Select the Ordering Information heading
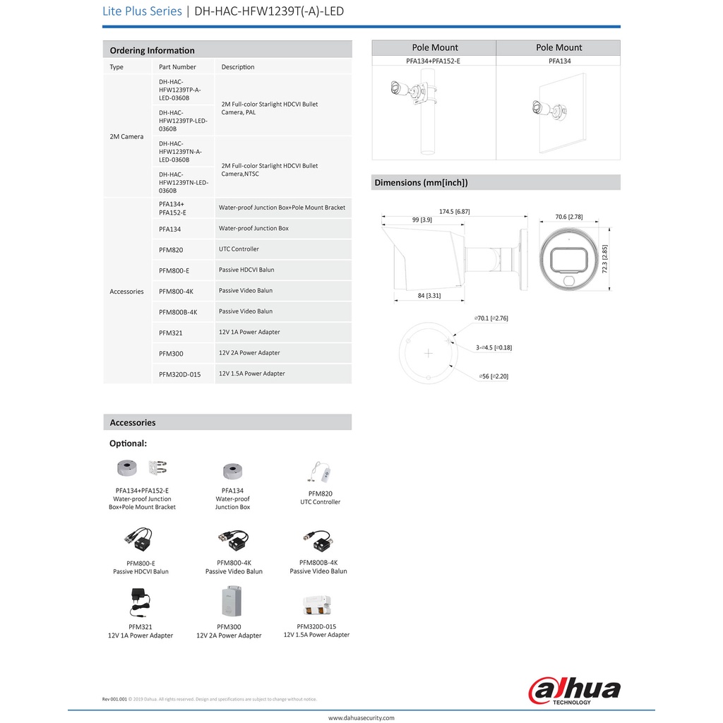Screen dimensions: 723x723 [153, 50]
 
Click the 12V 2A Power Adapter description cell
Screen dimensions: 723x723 [249, 352]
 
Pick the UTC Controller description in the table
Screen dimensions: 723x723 [239, 249]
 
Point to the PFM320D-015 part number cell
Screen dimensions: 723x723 [181, 374]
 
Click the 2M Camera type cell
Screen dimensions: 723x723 [126, 136]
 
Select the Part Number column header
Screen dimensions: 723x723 [177, 67]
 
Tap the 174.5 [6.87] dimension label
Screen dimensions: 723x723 [454, 211]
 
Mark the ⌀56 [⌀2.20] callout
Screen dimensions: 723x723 [493, 376]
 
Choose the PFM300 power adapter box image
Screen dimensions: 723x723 [228, 602]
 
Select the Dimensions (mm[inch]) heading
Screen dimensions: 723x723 [421, 182]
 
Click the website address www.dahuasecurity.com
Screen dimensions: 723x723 [361, 717]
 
